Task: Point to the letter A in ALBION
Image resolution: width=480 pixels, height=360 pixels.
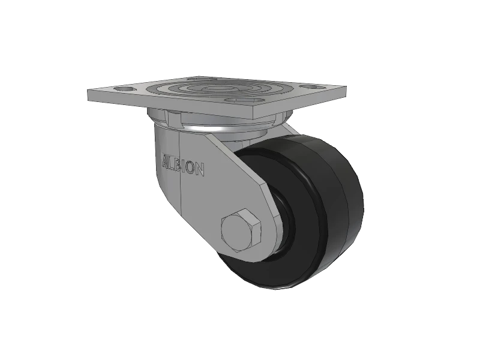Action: tap(166, 163)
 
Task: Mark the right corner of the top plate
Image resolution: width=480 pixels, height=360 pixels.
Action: tap(346, 90)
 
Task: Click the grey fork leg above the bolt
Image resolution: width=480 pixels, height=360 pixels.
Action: tap(237, 180)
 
